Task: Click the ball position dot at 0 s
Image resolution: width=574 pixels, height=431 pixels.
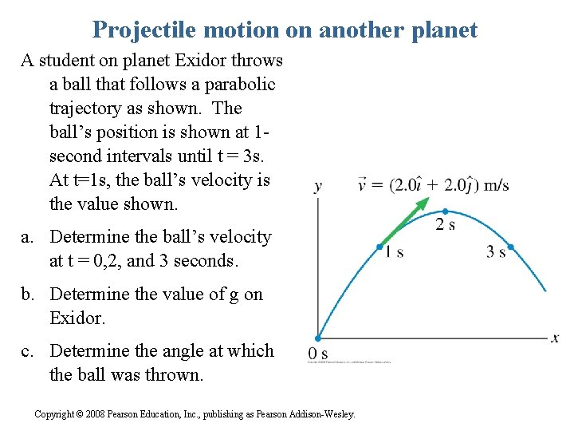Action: [317, 338]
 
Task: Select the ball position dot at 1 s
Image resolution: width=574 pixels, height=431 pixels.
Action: [379, 247]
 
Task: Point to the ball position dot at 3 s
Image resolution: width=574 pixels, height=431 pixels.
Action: [511, 247]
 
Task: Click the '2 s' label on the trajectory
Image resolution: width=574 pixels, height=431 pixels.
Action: [446, 225]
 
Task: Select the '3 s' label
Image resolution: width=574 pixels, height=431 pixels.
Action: [496, 252]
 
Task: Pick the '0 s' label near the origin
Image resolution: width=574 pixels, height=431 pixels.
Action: [318, 354]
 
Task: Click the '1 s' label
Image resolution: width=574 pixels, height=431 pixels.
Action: [394, 252]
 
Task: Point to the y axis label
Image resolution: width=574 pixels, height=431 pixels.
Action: [318, 187]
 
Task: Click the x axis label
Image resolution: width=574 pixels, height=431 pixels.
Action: [555, 338]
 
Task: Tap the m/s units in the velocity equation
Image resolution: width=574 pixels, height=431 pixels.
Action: [496, 186]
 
